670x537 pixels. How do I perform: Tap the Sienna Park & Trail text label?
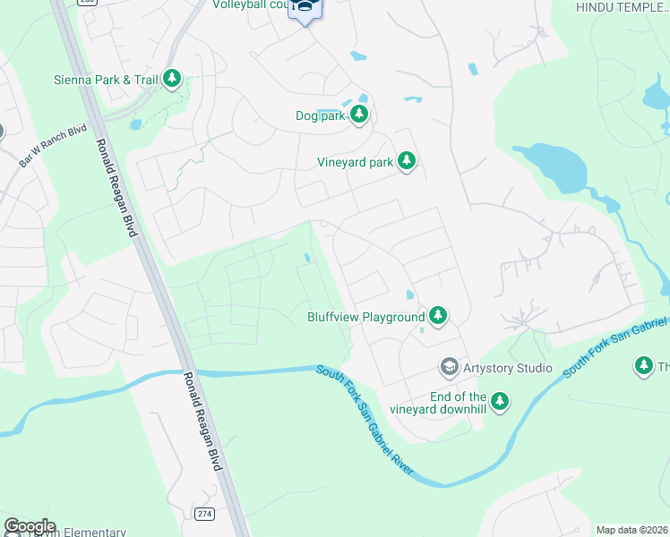pyautogui.click(x=106, y=80)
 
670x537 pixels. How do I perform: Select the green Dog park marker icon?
pyautogui.click(x=359, y=115)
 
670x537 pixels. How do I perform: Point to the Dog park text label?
pyautogui.click(x=320, y=115)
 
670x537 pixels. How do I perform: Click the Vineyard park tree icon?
pyautogui.click(x=407, y=161)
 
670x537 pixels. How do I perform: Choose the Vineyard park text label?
pyautogui.click(x=356, y=162)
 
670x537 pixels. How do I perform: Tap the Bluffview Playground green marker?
pyautogui.click(x=438, y=316)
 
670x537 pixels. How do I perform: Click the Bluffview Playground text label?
pyautogui.click(x=365, y=317)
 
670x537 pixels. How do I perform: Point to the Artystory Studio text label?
pyautogui.click(x=508, y=367)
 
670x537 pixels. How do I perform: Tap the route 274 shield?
pyautogui.click(x=204, y=513)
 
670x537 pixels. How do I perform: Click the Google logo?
pyautogui.click(x=30, y=526)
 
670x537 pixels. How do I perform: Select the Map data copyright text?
pyautogui.click(x=632, y=530)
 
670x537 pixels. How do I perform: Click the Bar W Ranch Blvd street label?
pyautogui.click(x=53, y=147)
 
